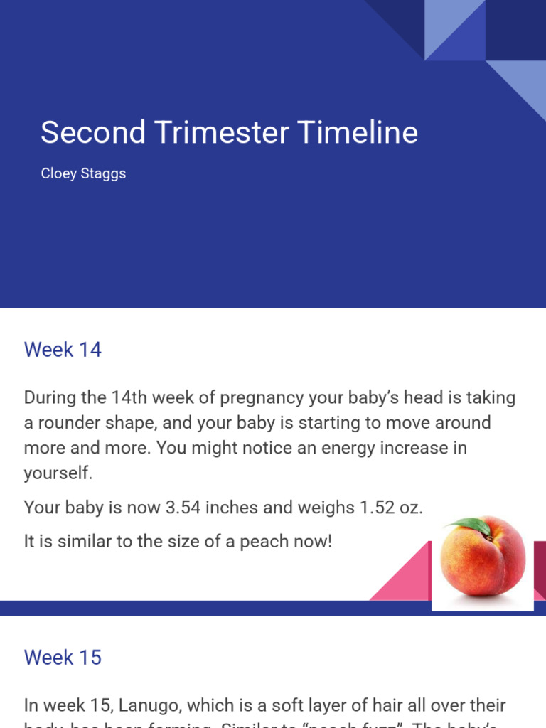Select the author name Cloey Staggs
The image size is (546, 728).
[x=83, y=173]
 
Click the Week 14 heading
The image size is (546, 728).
[x=63, y=350]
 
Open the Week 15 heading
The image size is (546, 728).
[x=63, y=657]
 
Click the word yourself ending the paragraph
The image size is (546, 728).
[x=58, y=473]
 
